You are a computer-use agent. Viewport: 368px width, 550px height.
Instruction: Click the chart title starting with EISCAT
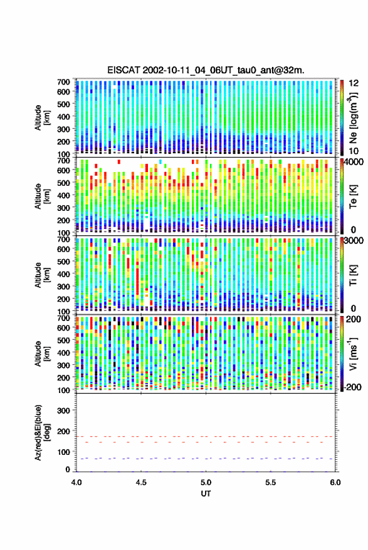pos(206,70)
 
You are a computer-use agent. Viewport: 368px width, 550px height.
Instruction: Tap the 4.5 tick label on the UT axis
pos(141,482)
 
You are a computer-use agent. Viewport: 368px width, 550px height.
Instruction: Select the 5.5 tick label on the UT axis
pos(270,482)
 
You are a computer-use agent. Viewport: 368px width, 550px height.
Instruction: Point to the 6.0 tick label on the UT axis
pos(335,482)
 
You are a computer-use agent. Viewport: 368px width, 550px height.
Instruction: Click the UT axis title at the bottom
pos(206,494)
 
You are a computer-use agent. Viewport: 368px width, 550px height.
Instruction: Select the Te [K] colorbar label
pos(353,196)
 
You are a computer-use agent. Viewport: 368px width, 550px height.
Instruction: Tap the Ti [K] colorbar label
pos(353,275)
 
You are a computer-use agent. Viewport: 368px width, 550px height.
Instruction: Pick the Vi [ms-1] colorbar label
pos(353,354)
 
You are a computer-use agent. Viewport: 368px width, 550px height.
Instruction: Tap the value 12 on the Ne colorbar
pos(354,83)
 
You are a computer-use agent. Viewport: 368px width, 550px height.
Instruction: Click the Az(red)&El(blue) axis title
pos(42,432)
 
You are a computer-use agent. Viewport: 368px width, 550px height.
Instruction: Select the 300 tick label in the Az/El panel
pos(63,410)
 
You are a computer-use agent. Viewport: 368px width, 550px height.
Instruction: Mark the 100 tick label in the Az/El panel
pos(63,452)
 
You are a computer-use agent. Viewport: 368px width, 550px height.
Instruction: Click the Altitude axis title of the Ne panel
pos(42,118)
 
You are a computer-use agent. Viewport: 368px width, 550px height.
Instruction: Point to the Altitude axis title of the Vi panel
pos(42,354)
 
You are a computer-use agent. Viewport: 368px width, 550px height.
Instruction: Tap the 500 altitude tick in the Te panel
pos(63,183)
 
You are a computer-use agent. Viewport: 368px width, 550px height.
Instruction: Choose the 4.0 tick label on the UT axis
pos(76,482)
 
